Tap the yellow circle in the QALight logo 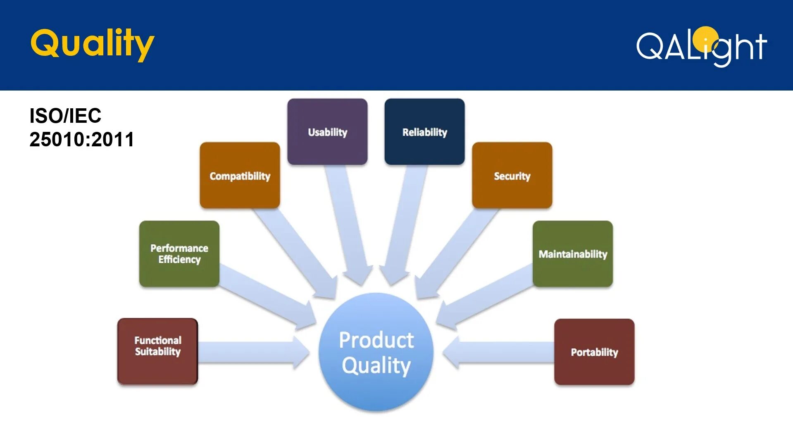click(705, 38)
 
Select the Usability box click(327, 132)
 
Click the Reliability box click(424, 132)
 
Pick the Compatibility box click(240, 176)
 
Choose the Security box click(512, 176)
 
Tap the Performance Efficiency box click(179, 254)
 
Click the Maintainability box click(573, 254)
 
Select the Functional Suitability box click(157, 351)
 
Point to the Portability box click(594, 352)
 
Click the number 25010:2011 click(82, 139)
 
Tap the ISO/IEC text click(65, 116)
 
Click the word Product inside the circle click(376, 340)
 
